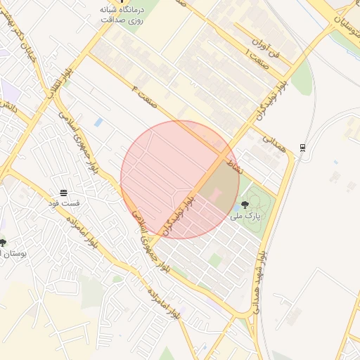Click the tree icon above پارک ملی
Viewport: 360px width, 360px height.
245,205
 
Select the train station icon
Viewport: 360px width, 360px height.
302,147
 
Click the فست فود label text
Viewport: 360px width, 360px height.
64,203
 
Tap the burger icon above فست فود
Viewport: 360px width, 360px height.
64,192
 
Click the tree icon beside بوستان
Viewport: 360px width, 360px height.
3,243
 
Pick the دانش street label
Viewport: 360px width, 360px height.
9,108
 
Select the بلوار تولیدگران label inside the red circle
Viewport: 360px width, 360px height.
179,217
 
